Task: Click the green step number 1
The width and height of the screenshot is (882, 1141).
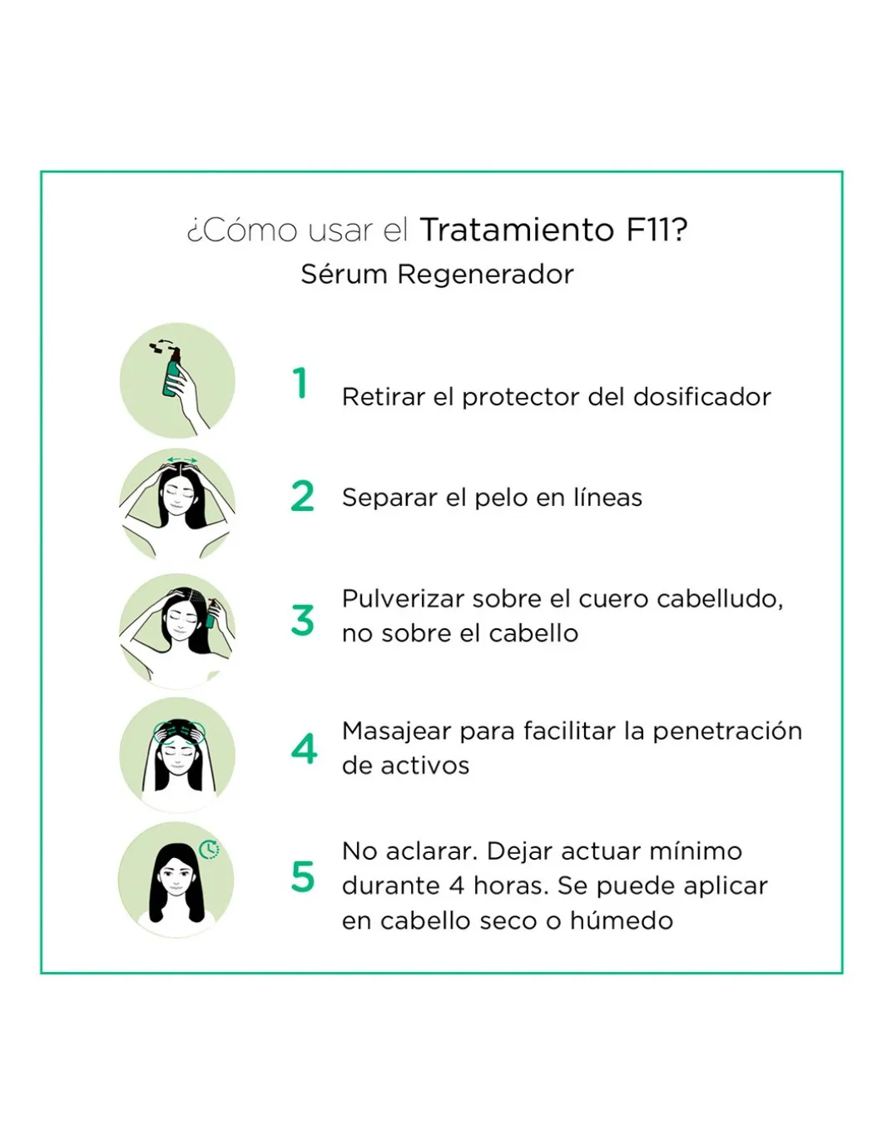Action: [300, 383]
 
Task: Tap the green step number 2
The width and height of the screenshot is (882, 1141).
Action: [302, 496]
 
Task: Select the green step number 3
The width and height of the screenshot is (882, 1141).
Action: [302, 620]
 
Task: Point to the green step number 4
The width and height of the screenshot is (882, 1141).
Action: [304, 748]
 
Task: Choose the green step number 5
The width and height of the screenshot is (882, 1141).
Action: [303, 876]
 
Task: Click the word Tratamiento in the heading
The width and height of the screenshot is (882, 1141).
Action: [518, 230]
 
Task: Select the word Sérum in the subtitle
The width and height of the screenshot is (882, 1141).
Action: [344, 274]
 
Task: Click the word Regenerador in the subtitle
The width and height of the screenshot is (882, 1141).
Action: [486, 274]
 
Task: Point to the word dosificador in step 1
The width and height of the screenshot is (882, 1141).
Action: [702, 397]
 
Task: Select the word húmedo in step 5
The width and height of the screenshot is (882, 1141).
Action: [622, 920]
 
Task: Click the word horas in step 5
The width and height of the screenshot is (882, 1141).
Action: [511, 886]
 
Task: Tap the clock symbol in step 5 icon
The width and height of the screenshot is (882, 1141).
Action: [210, 850]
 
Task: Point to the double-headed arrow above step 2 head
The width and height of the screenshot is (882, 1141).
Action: [182, 460]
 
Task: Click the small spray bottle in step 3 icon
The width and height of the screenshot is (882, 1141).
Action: [211, 614]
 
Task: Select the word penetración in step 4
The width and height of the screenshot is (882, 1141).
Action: [727, 732]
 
